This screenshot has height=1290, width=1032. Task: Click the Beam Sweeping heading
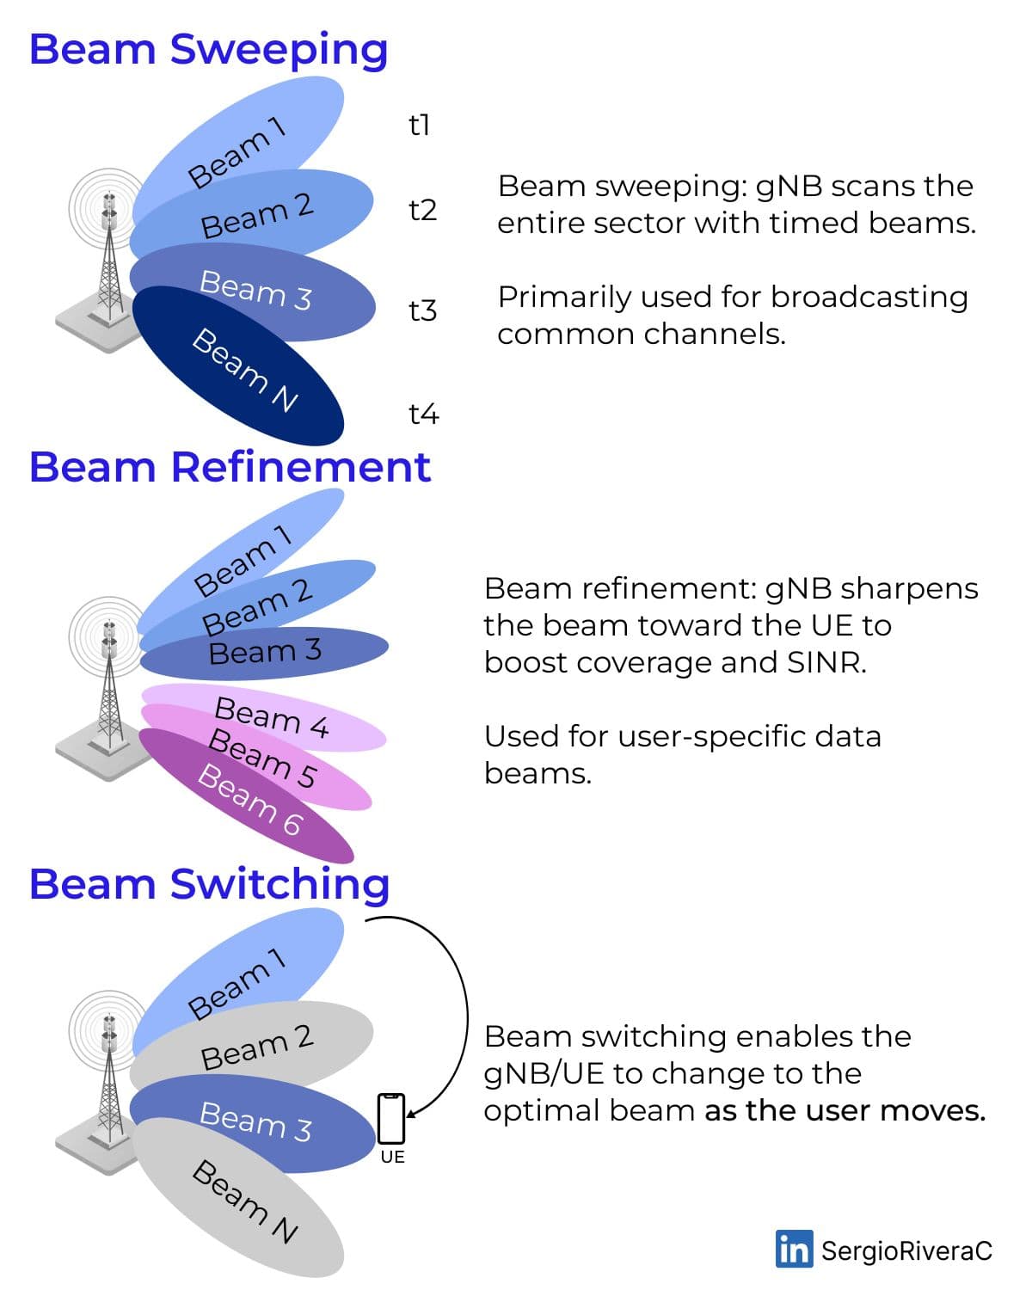(x=209, y=51)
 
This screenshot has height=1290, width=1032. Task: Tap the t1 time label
(x=419, y=126)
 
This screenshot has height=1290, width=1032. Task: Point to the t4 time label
(x=423, y=414)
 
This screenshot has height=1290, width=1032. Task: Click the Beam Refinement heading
(x=230, y=467)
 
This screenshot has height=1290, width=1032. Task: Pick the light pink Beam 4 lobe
(x=264, y=716)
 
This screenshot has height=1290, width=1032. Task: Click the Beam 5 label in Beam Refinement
(x=262, y=758)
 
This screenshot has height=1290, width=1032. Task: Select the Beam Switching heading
(x=210, y=885)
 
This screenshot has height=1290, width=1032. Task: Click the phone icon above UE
(x=391, y=1118)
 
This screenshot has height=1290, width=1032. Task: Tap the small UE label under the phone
(x=393, y=1157)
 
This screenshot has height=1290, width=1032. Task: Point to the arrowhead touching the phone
(x=411, y=1114)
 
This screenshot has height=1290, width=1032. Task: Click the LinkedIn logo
(x=794, y=1249)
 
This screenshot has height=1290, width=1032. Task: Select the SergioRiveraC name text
(x=906, y=1250)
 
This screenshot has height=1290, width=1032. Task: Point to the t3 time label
(x=423, y=311)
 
